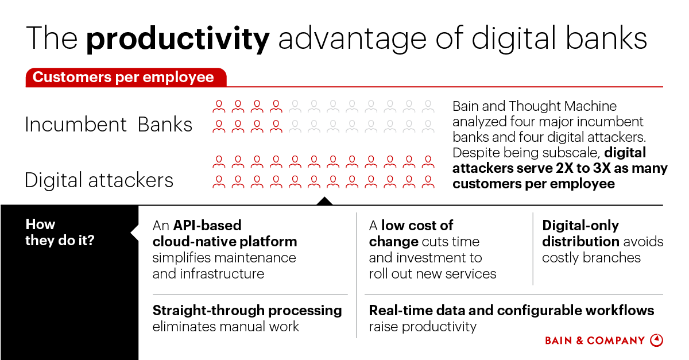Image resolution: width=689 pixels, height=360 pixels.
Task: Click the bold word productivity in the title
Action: pyautogui.click(x=177, y=38)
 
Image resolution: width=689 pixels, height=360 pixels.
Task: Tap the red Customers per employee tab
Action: pyautogui.click(x=123, y=78)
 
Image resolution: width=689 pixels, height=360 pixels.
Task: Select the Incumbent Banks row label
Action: pyautogui.click(x=109, y=125)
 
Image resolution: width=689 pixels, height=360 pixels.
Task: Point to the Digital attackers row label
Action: pyautogui.click(x=99, y=180)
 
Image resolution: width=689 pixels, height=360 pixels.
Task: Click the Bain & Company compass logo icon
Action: pyautogui.click(x=656, y=340)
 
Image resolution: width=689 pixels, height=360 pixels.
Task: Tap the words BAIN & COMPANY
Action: pyautogui.click(x=595, y=340)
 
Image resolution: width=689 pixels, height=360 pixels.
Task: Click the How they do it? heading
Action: pyautogui.click(x=60, y=232)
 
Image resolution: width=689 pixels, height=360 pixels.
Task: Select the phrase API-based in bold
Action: pyautogui.click(x=207, y=225)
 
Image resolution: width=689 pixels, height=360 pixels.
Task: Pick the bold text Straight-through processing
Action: pyautogui.click(x=247, y=311)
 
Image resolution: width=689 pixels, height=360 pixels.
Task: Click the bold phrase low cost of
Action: pyautogui.click(x=417, y=225)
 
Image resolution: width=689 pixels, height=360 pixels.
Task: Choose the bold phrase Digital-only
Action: pyautogui.click(x=580, y=225)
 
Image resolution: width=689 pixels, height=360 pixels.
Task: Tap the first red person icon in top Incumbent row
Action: pyautogui.click(x=218, y=106)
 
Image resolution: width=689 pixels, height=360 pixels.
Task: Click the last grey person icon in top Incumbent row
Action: pyautogui.click(x=428, y=106)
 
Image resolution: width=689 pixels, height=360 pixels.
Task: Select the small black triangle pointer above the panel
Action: pyautogui.click(x=324, y=201)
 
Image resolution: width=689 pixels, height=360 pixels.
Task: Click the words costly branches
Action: pyautogui.click(x=591, y=257)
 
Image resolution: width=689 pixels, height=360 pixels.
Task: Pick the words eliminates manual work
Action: pyautogui.click(x=226, y=327)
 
